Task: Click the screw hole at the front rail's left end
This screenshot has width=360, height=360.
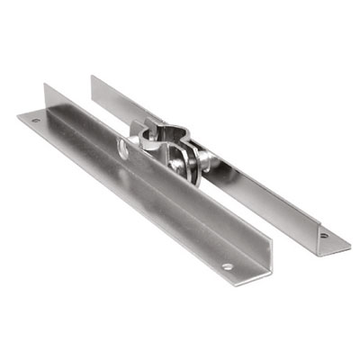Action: [x=35, y=120]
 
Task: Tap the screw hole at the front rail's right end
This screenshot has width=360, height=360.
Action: [x=228, y=266]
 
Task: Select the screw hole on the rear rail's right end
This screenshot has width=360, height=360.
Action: [x=323, y=237]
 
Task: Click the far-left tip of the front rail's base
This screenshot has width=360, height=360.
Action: [x=18, y=115]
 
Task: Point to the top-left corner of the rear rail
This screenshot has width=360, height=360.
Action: [x=91, y=76]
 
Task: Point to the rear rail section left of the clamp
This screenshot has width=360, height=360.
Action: [x=112, y=101]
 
